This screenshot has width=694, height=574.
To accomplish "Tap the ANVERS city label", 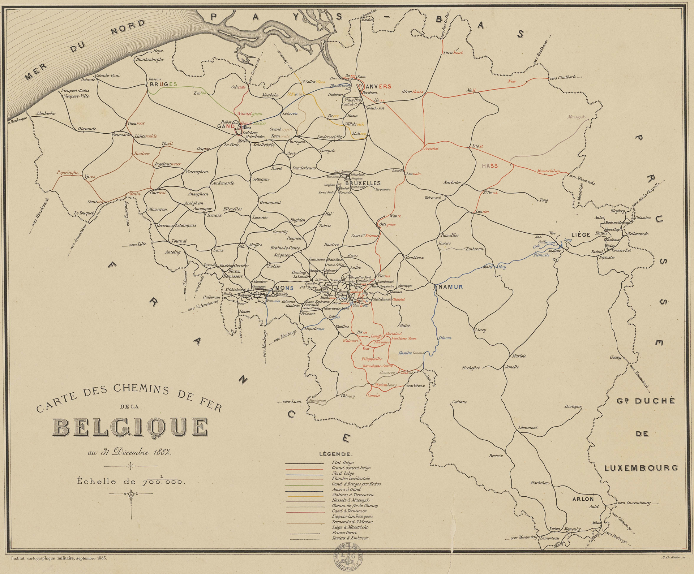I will tap(379, 87).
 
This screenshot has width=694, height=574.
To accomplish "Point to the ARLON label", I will tap(583, 499).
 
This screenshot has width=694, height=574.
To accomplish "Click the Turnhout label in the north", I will tap(453, 53).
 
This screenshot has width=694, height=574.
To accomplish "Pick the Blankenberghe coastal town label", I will tap(150, 59).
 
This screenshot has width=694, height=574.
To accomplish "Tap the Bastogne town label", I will tap(573, 407).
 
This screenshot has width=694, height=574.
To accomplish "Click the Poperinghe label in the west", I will tap(68, 173).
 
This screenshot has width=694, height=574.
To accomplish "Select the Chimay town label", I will tap(348, 396).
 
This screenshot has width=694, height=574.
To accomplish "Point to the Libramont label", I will tap(528, 428).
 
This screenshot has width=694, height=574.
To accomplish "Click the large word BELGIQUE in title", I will tap(130, 427).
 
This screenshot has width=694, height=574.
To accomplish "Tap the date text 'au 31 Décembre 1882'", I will tap(129, 452).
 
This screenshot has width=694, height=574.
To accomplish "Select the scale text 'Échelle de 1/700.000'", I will tap(130, 481).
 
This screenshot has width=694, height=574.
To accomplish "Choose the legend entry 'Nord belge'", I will tap(343, 473).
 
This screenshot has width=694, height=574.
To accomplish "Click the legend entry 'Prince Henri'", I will tap(344, 532).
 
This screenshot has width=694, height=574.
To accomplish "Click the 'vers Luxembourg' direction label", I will tap(634, 503).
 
